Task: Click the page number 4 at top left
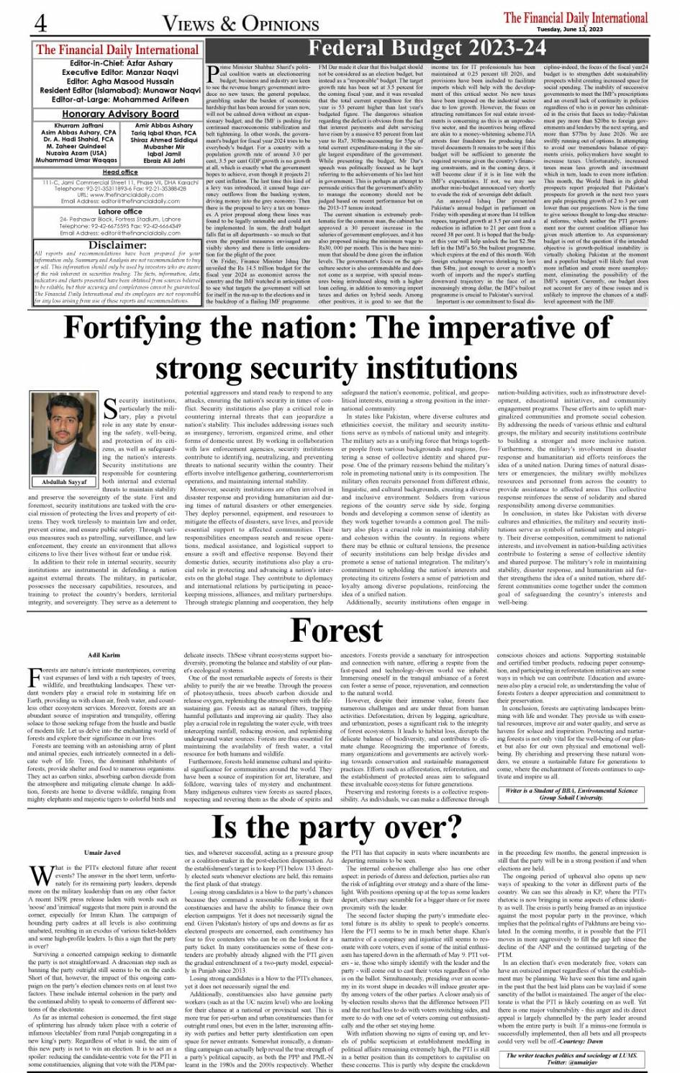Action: [41, 24]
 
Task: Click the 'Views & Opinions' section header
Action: [240, 24]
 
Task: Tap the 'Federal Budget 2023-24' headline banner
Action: [427, 49]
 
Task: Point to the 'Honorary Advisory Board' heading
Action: [119, 114]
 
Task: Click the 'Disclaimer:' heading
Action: [118, 245]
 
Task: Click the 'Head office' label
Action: [120, 172]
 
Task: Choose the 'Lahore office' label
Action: [120, 212]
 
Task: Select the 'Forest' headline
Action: [336, 631]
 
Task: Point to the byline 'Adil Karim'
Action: [104, 655]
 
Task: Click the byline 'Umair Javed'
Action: [102, 832]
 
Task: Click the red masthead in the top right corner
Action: [576, 17]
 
